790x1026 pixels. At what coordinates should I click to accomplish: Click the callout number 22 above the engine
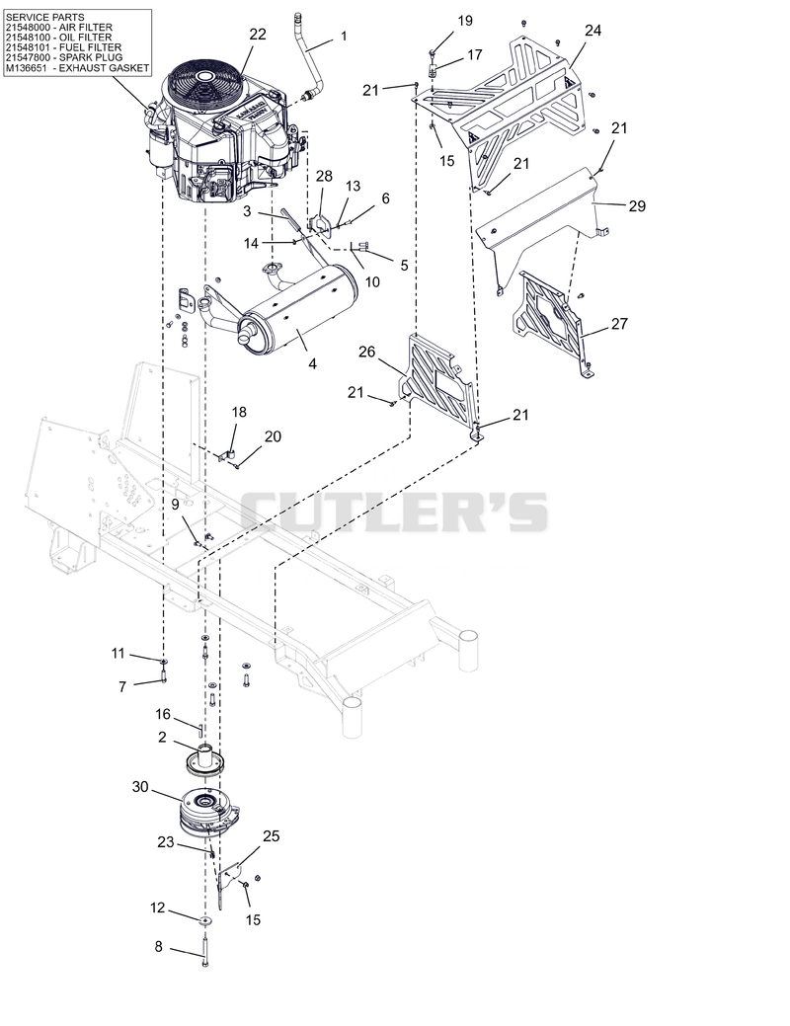258,34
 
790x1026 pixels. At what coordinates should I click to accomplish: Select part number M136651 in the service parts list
27,67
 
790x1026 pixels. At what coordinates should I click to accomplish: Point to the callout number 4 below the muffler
312,363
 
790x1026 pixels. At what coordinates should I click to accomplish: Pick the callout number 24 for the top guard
592,30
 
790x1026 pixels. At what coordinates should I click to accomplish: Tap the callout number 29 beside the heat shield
637,206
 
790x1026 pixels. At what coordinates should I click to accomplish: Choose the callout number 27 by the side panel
619,323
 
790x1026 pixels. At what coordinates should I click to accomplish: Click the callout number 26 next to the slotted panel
367,352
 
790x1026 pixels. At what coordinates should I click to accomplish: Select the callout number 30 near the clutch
141,787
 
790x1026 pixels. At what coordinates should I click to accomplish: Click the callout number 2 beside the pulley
162,738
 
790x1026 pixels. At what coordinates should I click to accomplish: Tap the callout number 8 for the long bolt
158,947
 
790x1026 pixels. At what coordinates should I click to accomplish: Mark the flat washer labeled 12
205,921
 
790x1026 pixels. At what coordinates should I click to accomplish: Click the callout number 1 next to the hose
344,36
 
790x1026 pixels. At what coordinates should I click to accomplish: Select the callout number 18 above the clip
239,412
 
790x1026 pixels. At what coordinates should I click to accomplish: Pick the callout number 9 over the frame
175,505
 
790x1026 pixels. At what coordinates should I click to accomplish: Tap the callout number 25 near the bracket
271,836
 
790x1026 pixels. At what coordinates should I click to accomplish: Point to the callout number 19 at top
465,21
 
